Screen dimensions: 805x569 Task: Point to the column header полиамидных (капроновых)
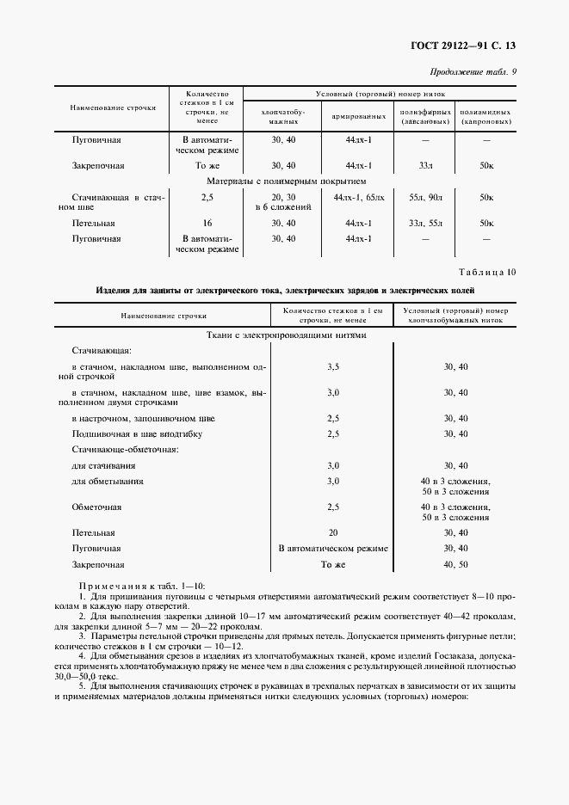point(486,117)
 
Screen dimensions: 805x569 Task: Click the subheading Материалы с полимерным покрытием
point(287,181)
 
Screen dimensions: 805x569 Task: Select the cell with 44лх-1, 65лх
point(358,198)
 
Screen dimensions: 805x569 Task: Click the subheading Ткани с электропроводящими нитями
point(287,335)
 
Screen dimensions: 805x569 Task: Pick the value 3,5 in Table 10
point(333,366)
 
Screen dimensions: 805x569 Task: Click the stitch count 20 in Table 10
point(333,532)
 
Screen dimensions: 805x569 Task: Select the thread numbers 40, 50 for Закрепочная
point(455,565)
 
